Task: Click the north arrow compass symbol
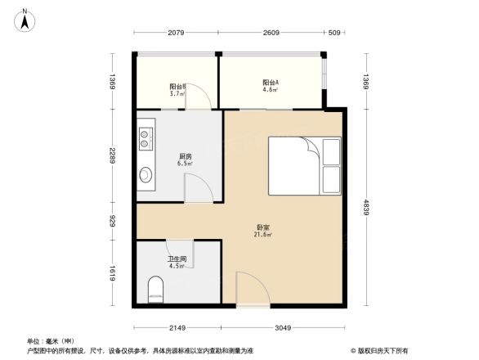point(25,18)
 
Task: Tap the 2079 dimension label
point(176,34)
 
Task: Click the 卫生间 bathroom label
point(177,262)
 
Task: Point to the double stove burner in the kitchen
point(146,137)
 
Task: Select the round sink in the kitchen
point(146,174)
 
